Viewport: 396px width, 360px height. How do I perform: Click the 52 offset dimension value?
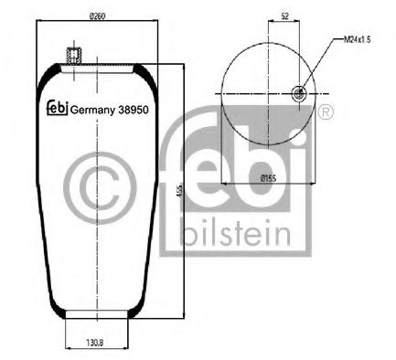285,16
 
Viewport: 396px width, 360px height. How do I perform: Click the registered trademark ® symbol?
326,111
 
